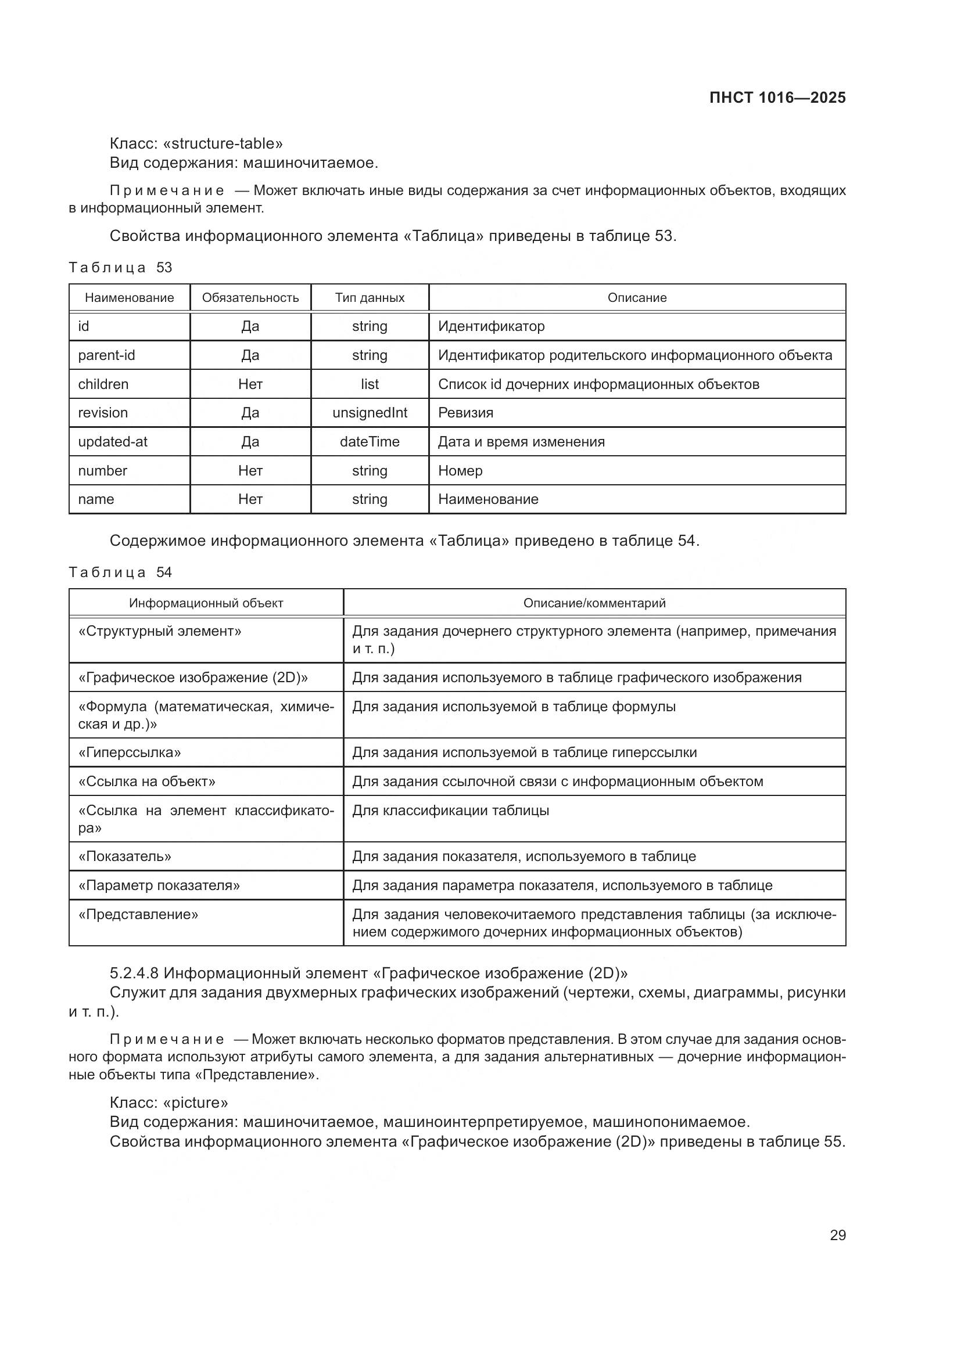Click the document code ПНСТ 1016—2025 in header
777,98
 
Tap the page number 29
837,1235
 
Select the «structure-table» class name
223,144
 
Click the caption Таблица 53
120,267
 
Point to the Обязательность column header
250,297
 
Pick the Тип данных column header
370,297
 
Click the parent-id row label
106,355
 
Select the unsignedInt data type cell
370,413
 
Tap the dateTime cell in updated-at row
370,442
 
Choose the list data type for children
370,384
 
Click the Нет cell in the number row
250,471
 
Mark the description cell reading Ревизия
465,413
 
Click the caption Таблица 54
120,572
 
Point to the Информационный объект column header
206,603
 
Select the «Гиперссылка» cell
130,752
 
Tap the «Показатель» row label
125,856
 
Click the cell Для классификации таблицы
450,811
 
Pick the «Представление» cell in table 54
138,914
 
